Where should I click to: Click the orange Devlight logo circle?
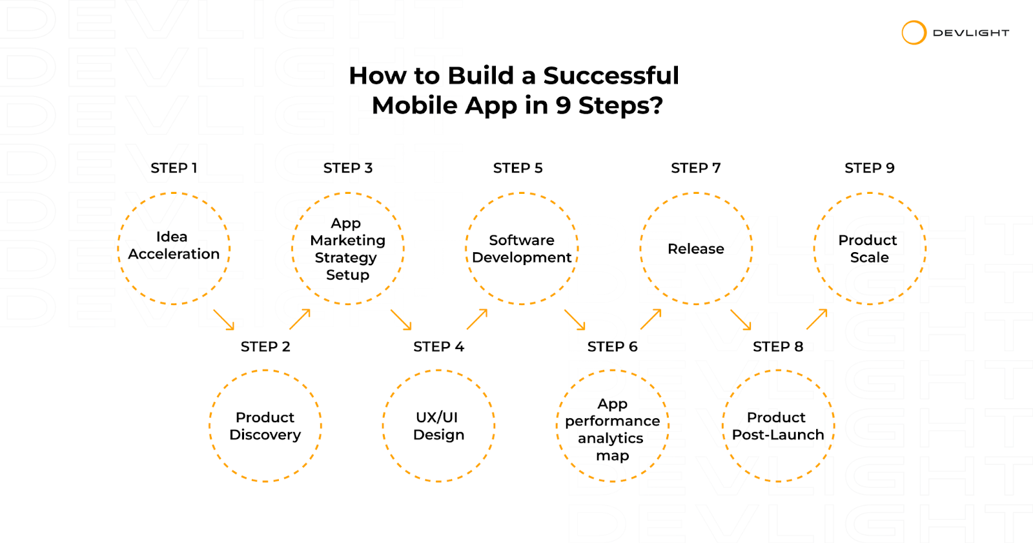pyautogui.click(x=914, y=22)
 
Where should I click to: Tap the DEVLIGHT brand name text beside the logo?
pyautogui.click(x=971, y=33)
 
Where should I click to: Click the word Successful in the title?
pyautogui.click(x=611, y=76)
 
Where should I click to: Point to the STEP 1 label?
pyautogui.click(x=174, y=168)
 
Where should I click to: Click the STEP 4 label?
pyautogui.click(x=438, y=346)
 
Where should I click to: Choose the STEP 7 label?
pyautogui.click(x=695, y=168)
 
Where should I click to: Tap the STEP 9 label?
pyautogui.click(x=869, y=168)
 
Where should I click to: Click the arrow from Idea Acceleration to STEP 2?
pyautogui.click(x=223, y=319)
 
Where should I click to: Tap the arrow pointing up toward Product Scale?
pyautogui.click(x=817, y=319)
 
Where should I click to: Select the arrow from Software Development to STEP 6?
pyautogui.click(x=575, y=319)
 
